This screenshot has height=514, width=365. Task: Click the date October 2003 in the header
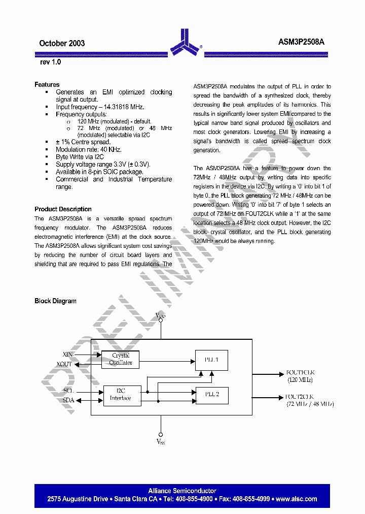[x=62, y=43]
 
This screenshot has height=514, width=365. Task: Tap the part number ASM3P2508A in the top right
[x=301, y=43]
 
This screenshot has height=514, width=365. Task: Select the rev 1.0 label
[x=50, y=62]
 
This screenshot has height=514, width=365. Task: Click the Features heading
[x=47, y=84]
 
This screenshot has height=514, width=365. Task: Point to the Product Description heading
[x=63, y=209]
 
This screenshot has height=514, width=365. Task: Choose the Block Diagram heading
[x=55, y=301]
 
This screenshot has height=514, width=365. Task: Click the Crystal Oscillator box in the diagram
[x=121, y=359]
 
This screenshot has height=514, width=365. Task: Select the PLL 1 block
[x=211, y=360]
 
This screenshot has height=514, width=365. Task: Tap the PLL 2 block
[x=211, y=395]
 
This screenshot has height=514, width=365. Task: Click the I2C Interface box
[x=121, y=395]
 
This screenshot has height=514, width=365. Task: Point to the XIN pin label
[x=67, y=354]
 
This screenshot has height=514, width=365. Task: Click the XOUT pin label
[x=65, y=364]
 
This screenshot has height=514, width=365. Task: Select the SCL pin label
[x=68, y=390]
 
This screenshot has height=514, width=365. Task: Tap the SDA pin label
[x=68, y=400]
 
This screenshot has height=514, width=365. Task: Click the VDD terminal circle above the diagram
[x=161, y=322]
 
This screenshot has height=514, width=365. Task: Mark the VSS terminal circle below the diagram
[x=161, y=435]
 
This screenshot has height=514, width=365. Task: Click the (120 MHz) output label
[x=300, y=380]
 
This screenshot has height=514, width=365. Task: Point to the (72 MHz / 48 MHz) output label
[x=310, y=404]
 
